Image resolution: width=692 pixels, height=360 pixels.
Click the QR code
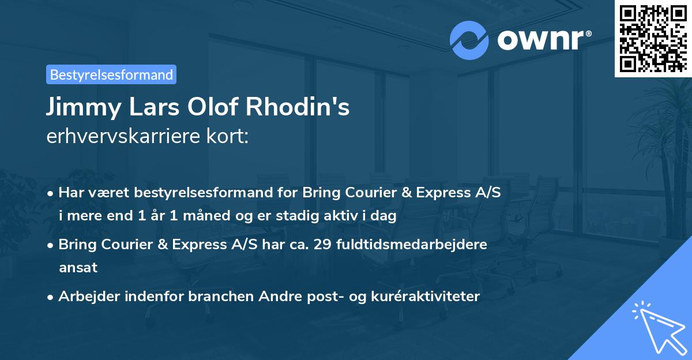pyautogui.click(x=653, y=39)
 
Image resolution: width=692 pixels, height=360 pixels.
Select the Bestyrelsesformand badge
pyautogui.click(x=111, y=74)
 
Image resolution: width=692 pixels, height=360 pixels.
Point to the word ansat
pyautogui.click(x=78, y=268)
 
